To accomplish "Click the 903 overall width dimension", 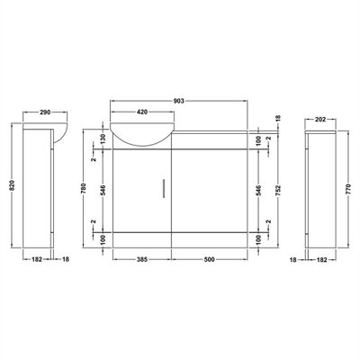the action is [178, 101].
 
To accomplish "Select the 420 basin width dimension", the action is [142, 112].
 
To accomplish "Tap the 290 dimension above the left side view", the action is [45, 112].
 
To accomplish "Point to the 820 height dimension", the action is [12, 186].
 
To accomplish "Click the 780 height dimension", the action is [84, 188].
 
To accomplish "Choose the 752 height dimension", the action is [278, 190].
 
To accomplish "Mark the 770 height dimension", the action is [348, 190].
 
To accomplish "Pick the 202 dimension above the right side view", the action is [320, 120].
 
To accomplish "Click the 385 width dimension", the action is [142, 259].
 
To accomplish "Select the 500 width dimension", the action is [209, 259].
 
